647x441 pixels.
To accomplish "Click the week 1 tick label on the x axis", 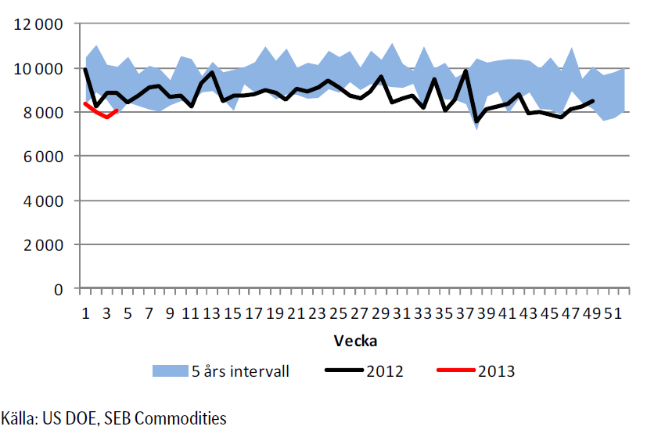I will [x=85, y=313].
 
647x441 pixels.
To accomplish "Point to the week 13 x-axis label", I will [x=211, y=313].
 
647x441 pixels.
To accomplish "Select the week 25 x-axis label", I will [x=338, y=313].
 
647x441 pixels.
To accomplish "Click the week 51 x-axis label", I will [x=613, y=313].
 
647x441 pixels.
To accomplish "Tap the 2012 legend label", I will [x=384, y=371].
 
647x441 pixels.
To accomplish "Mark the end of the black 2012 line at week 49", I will [x=593, y=101].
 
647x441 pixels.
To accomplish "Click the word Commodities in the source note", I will [x=181, y=418].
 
